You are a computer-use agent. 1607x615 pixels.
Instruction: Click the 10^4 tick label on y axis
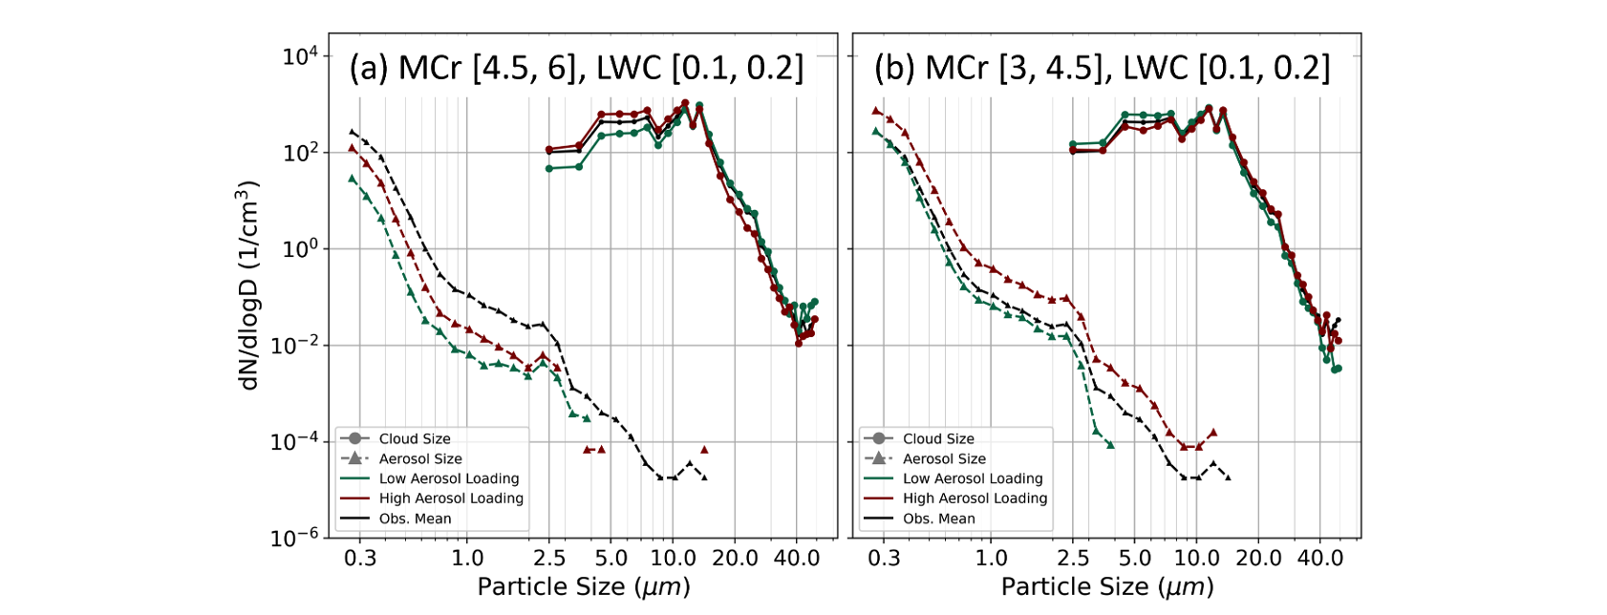click(x=300, y=56)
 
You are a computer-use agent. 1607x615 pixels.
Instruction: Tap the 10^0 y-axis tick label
click(x=300, y=249)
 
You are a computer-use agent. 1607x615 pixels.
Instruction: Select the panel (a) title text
click(x=576, y=68)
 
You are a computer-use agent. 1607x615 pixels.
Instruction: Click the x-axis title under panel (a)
click(x=583, y=586)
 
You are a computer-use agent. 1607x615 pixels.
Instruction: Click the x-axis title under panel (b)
click(x=1107, y=586)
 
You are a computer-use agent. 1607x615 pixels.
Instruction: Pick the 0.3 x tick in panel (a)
click(x=360, y=559)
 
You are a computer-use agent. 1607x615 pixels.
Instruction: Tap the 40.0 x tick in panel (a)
click(x=797, y=559)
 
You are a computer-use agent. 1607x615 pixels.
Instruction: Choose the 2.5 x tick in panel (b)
click(x=1074, y=559)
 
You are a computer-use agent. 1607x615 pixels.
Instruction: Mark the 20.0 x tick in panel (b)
click(x=1258, y=559)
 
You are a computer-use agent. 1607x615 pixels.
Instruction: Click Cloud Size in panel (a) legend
click(x=415, y=439)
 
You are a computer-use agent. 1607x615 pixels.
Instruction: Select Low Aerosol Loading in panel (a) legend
click(x=449, y=478)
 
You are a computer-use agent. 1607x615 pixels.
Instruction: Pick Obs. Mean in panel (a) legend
click(x=415, y=519)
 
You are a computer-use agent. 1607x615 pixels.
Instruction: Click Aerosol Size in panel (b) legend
click(x=944, y=459)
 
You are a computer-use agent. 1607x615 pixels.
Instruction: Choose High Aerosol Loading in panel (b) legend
click(x=975, y=498)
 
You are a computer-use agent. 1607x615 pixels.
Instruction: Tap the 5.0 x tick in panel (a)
click(x=611, y=559)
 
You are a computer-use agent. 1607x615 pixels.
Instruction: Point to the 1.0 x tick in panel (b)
click(x=991, y=559)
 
